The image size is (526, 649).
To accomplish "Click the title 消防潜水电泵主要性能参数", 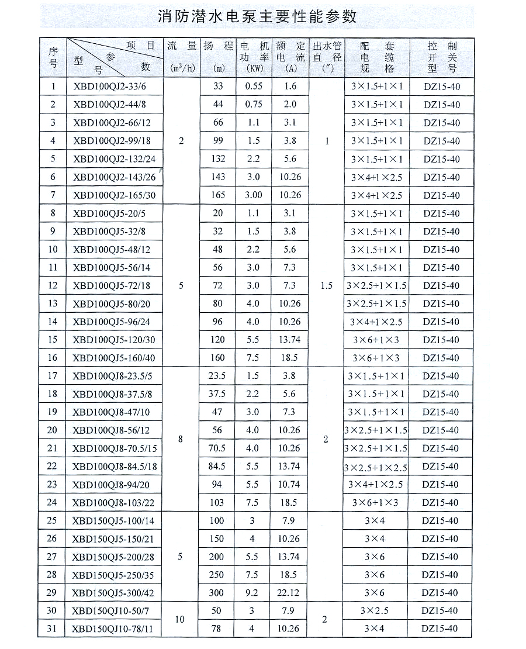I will [257, 16].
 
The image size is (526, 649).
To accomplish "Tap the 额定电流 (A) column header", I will [290, 57].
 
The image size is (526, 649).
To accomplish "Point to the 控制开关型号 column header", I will [441, 57].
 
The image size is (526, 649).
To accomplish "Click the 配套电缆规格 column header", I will [377, 57].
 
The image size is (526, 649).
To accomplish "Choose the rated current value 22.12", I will [290, 593].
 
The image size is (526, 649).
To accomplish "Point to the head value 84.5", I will [217, 466].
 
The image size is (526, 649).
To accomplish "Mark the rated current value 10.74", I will [289, 484].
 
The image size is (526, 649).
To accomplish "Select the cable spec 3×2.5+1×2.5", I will [376, 467].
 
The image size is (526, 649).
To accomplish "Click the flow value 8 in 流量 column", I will [181, 439].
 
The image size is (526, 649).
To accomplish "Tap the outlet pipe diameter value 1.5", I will [326, 286].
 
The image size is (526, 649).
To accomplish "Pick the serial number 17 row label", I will [53, 376].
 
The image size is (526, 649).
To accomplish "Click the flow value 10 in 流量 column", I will [180, 619].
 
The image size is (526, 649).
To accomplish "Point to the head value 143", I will [218, 177].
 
